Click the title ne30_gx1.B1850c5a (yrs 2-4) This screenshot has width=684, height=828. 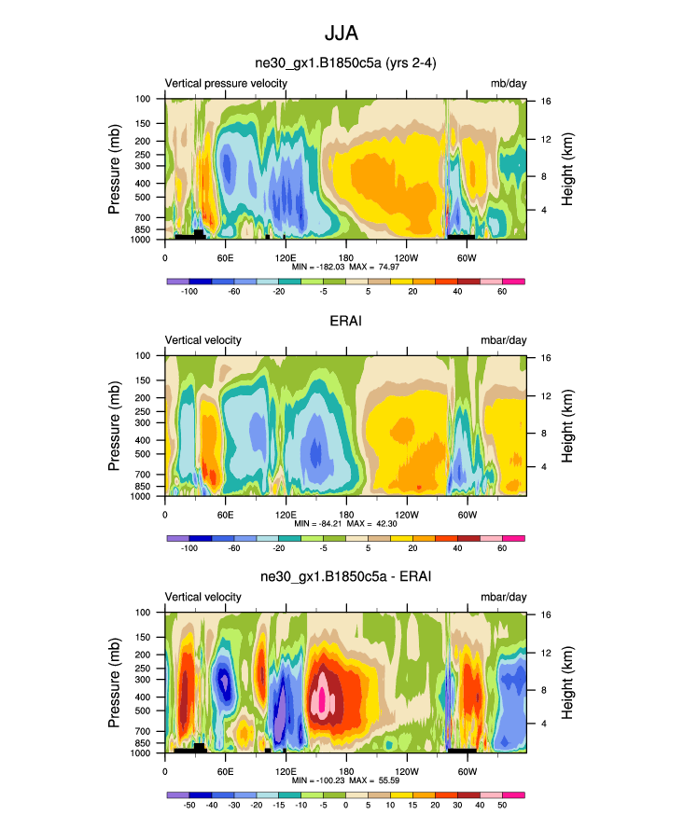pyautogui.click(x=346, y=63)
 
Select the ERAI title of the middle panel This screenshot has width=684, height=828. pyautogui.click(x=346, y=321)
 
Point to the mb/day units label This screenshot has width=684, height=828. pyautogui.click(x=509, y=83)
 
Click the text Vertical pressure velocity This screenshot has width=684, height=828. pyautogui.click(x=226, y=83)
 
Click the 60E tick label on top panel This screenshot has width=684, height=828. pyautogui.click(x=225, y=256)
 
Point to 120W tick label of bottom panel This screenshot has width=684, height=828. pyautogui.click(x=406, y=771)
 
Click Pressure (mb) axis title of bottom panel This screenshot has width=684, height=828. pyautogui.click(x=114, y=683)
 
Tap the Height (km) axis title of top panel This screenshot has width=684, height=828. pyautogui.click(x=566, y=169)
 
